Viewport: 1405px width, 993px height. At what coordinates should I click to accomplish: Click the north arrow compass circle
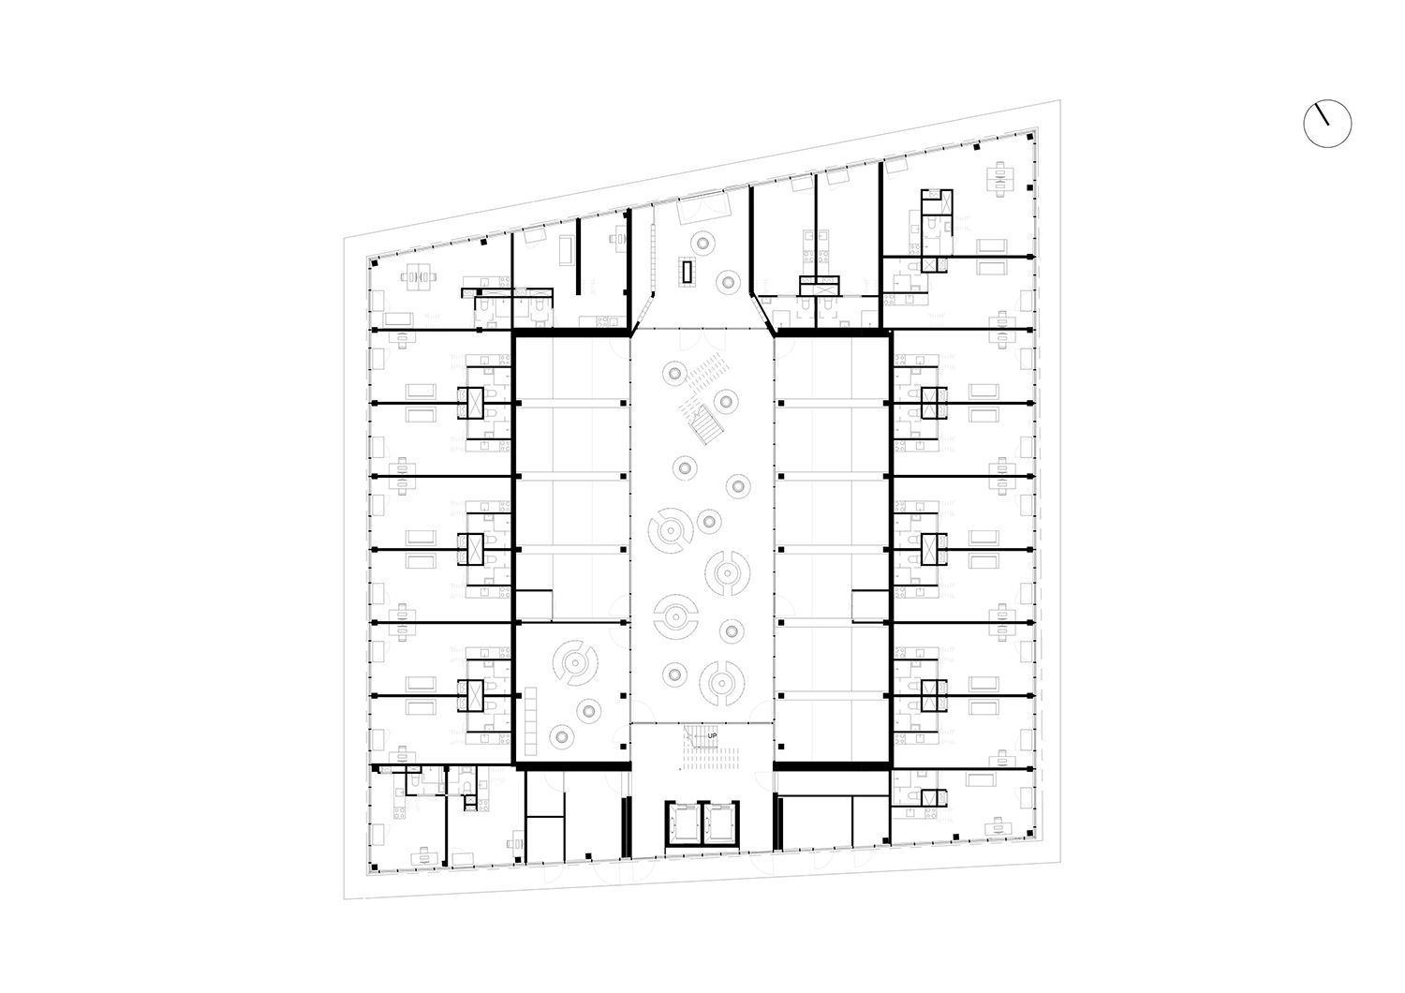click(x=1328, y=124)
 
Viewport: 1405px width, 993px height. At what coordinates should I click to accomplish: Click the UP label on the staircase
click(x=712, y=735)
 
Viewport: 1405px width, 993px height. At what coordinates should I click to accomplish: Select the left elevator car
click(x=683, y=823)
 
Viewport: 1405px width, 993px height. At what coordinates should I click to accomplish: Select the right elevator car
click(x=720, y=823)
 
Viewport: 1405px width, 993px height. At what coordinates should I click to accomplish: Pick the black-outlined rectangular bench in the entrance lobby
click(x=688, y=272)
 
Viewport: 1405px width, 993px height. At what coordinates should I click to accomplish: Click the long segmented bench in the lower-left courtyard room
click(x=531, y=721)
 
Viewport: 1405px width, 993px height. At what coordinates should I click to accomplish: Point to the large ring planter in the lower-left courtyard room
click(x=575, y=662)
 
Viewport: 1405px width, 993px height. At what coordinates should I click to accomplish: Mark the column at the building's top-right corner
click(x=1030, y=136)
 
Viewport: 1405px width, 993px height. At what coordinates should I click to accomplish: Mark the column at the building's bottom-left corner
click(x=374, y=867)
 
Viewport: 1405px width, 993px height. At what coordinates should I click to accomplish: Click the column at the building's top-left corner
click(x=374, y=262)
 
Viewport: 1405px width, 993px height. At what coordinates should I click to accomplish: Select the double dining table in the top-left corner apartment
click(x=419, y=276)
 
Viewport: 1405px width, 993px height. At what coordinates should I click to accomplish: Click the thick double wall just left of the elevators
click(x=626, y=827)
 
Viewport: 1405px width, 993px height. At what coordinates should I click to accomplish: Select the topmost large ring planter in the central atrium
click(x=671, y=530)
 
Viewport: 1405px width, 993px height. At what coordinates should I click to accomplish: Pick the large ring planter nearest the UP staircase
click(x=722, y=684)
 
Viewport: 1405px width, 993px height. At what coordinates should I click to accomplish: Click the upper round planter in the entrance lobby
click(x=702, y=242)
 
